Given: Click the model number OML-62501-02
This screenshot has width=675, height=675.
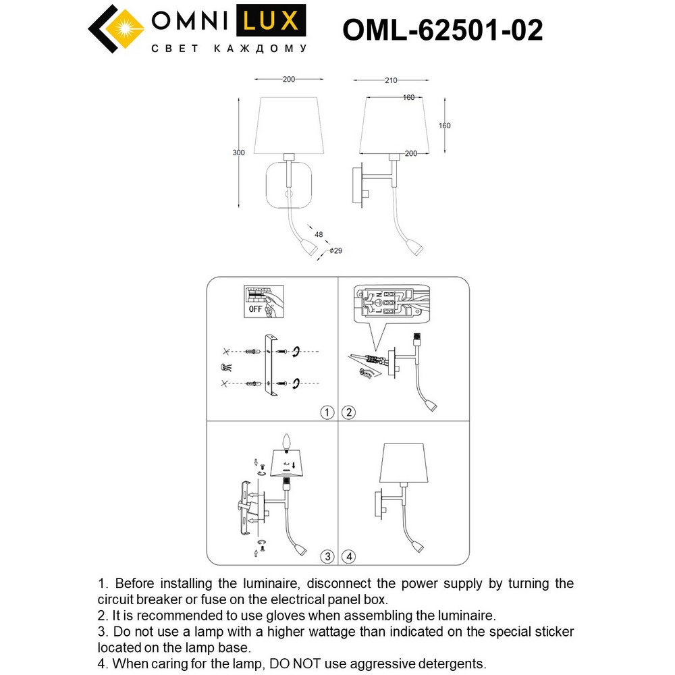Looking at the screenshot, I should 443,30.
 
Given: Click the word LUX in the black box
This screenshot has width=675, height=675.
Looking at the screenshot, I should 268,22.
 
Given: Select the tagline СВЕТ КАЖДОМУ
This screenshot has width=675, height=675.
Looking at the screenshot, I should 228,49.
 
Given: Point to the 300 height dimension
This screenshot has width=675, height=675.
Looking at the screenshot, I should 238,153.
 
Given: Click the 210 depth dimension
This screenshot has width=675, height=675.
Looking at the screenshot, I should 389,80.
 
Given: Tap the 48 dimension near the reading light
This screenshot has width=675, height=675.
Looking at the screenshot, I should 319,235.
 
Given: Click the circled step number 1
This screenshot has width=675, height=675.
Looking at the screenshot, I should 327,412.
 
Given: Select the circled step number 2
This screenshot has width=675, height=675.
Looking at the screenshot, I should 348,412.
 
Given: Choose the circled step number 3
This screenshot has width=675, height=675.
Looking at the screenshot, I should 327,557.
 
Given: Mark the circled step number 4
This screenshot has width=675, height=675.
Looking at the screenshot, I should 348,557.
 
